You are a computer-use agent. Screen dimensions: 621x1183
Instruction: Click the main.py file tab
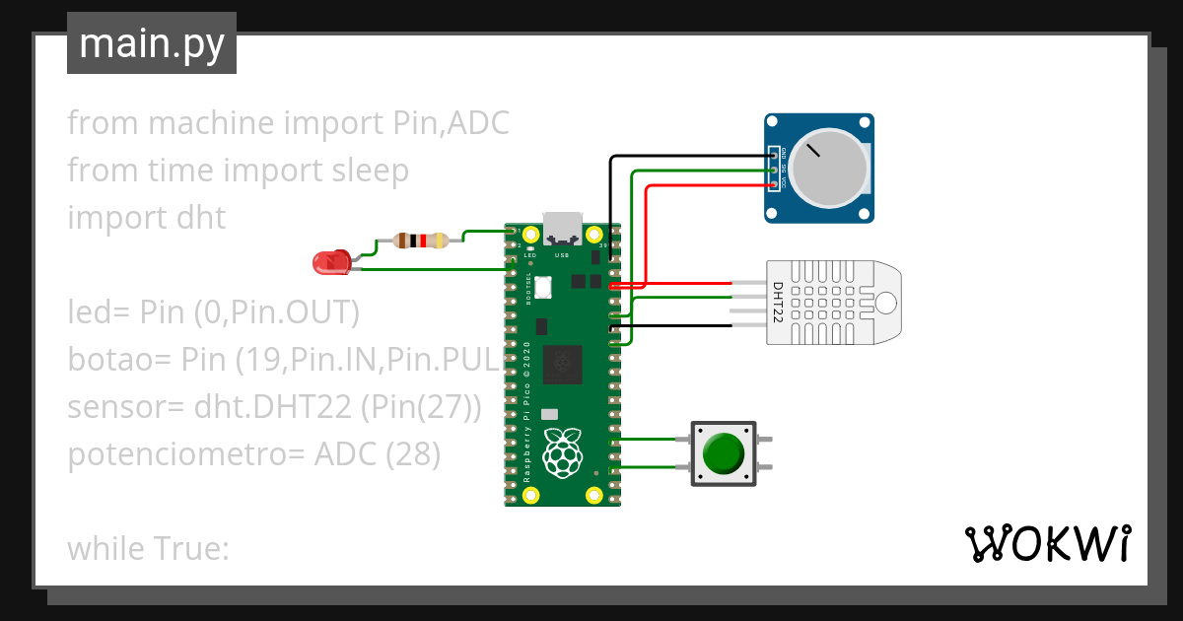(152, 44)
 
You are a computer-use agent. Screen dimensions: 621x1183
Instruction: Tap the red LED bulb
(327, 263)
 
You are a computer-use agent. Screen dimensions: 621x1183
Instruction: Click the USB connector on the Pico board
(562, 230)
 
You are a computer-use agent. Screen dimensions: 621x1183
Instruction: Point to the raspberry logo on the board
(562, 450)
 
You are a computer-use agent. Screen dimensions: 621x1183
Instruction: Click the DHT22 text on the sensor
(778, 303)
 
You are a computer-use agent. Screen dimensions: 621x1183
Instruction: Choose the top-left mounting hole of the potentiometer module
(776, 123)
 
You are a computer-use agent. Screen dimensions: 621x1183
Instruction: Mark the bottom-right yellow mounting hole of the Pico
(593, 495)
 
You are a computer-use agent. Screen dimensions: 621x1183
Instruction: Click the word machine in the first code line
(211, 123)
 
